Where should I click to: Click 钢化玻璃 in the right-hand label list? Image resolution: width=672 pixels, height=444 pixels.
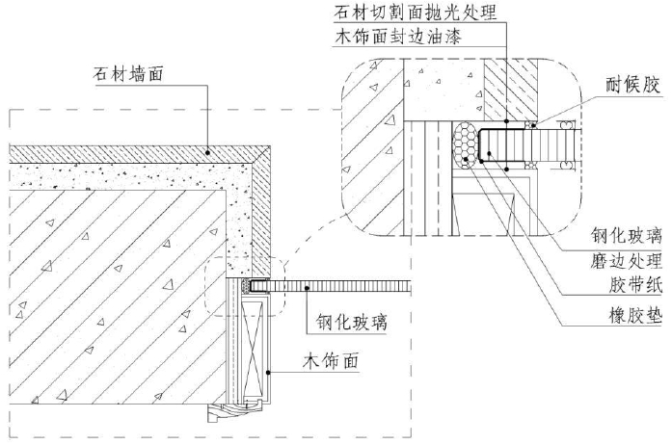pyautogui.click(x=627, y=234)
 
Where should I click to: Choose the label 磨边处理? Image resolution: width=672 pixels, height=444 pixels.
pyautogui.click(x=627, y=261)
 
